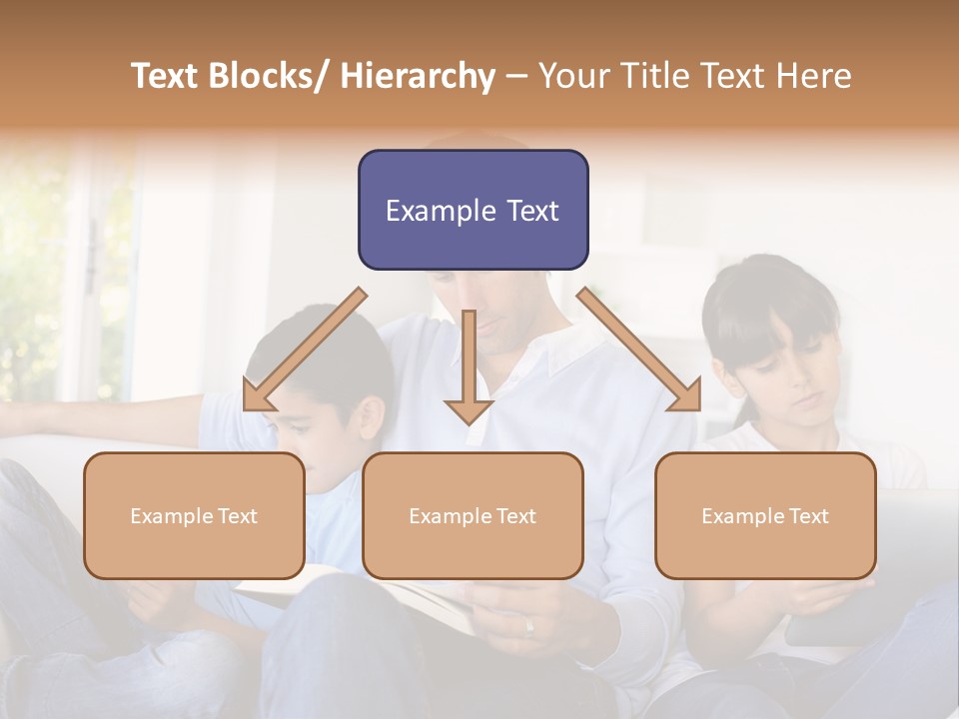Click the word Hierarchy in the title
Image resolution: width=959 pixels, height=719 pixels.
418,76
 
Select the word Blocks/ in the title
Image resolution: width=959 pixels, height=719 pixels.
274,76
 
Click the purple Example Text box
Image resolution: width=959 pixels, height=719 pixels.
473,210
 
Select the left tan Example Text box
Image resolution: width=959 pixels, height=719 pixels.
194,515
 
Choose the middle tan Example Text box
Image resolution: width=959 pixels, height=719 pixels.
473,515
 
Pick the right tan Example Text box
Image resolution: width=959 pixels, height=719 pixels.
765,515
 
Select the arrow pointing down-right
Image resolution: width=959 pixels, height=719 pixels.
639,350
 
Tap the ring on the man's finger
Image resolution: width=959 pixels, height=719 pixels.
528,626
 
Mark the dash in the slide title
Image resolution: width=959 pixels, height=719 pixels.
516,76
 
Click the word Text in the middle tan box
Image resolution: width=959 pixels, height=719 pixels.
515,516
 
